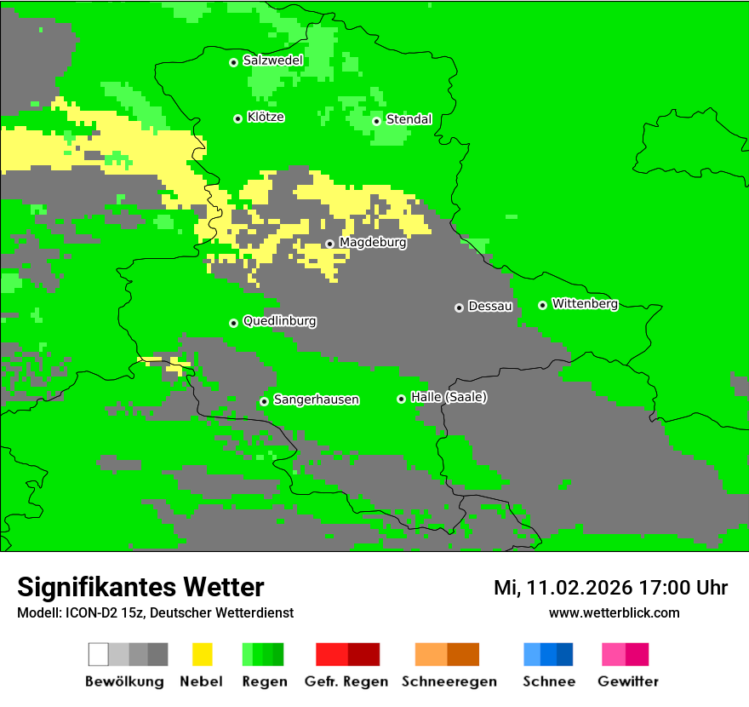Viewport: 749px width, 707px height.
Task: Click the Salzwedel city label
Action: [272, 60]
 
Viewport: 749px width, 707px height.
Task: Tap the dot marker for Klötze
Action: [237, 118]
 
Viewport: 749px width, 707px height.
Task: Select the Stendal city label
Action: [409, 119]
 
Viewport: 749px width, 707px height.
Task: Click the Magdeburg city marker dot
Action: [329, 244]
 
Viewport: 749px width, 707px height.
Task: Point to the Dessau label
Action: [490, 306]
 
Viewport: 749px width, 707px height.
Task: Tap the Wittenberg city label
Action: [585, 303]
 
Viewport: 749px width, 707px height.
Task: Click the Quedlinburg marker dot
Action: [233, 323]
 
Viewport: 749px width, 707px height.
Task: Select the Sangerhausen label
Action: [316, 399]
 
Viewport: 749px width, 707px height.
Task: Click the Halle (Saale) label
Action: [449, 397]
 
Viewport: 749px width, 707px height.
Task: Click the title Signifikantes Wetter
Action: [140, 587]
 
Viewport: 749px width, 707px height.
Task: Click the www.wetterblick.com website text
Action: [614, 612]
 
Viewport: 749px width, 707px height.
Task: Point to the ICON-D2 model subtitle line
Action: [155, 612]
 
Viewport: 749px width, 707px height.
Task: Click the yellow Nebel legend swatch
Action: [202, 654]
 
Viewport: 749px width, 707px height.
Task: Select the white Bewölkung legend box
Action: [99, 654]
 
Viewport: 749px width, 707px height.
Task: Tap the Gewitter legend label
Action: [628, 681]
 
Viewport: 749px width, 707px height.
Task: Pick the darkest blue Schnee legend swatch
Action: [565, 654]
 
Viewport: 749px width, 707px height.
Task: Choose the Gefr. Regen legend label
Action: [346, 681]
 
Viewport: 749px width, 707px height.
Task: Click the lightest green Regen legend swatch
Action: [248, 654]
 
